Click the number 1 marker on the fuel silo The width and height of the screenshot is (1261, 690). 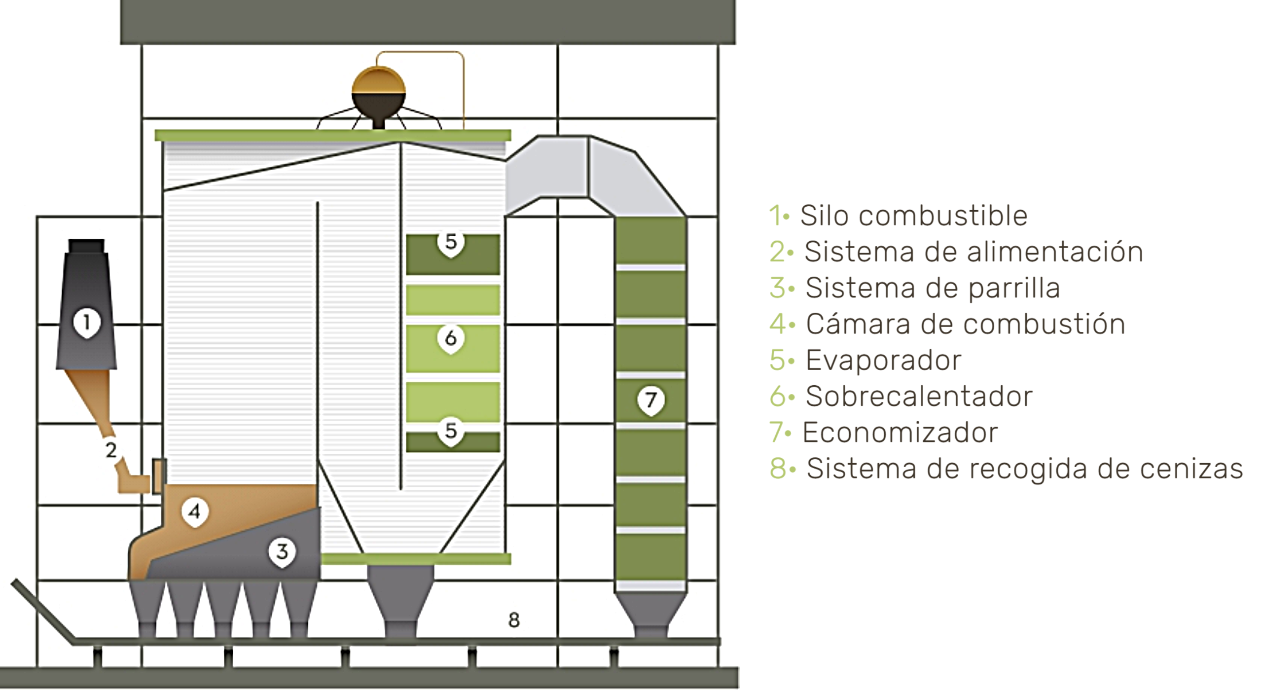[87, 323]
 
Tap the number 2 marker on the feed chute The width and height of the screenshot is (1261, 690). [111, 449]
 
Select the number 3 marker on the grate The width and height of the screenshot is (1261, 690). [282, 551]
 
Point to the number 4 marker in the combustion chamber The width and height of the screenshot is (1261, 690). [195, 511]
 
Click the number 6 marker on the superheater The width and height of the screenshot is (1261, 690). [451, 338]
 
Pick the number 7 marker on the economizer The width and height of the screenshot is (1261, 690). [650, 399]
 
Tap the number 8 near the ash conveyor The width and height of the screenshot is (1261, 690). [514, 619]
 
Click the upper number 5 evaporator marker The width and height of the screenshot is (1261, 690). [451, 242]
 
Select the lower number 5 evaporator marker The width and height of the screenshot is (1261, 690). [451, 431]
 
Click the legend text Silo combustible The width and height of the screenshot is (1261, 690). [913, 216]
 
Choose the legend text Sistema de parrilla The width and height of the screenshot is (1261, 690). [932, 288]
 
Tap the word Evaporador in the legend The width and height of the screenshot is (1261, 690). [883, 360]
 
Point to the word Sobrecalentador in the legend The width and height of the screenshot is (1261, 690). [919, 396]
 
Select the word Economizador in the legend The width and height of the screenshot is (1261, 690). [900, 433]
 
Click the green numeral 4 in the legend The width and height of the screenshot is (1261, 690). [778, 324]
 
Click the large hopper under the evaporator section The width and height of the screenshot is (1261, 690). [400, 599]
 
